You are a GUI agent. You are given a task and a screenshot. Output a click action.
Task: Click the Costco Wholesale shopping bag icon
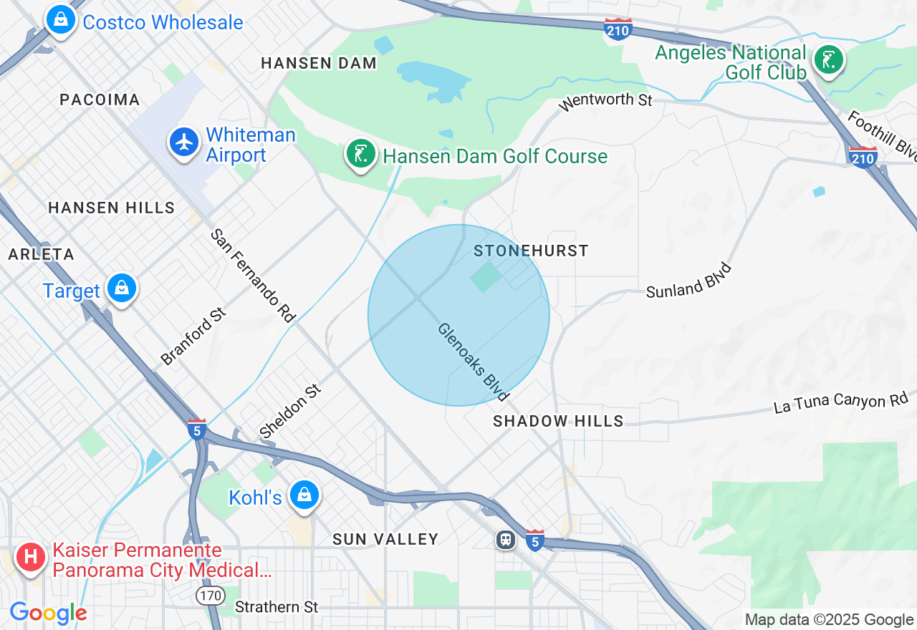[x=62, y=20]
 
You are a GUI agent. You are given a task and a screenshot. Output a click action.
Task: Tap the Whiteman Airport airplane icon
[x=185, y=142]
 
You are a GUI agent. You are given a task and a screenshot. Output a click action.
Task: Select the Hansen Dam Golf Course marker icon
[x=360, y=154]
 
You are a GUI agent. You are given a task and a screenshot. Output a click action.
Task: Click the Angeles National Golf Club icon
[x=828, y=60]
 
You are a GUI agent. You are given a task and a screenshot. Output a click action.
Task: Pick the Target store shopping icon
[x=122, y=289]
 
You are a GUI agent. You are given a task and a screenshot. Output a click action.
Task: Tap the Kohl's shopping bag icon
[x=304, y=495]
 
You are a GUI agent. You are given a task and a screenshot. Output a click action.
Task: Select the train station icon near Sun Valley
[x=506, y=539]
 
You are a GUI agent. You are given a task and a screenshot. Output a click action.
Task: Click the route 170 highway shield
[x=211, y=595]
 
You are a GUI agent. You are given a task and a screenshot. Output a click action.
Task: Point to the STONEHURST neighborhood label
[x=531, y=251]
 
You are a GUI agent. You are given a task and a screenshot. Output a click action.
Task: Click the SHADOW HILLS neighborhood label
[x=558, y=421]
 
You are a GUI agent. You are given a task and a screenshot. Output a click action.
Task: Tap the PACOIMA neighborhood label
[x=100, y=100]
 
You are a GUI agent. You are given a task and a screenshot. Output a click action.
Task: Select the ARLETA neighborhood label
[x=41, y=254]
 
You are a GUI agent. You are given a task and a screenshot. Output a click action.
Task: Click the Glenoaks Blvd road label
[x=474, y=362]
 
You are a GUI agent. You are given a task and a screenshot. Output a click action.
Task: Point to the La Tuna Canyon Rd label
[x=840, y=402]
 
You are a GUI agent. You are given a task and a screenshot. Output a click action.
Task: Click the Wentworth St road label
[x=605, y=100]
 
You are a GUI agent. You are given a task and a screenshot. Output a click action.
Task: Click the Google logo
[x=48, y=613]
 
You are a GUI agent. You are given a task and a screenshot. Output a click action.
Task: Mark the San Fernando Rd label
[x=253, y=276]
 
